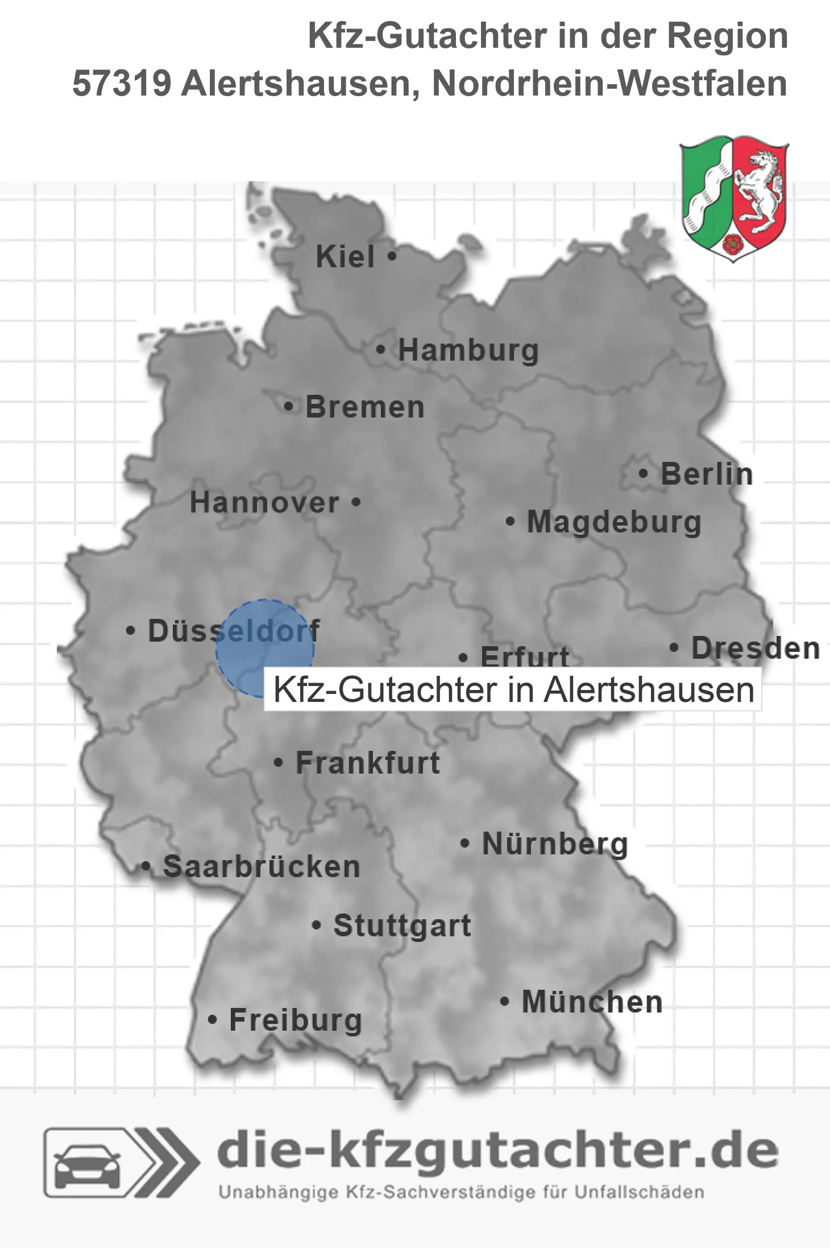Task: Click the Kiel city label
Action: click(x=345, y=257)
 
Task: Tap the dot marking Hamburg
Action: click(x=381, y=350)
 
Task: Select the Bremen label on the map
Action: click(x=365, y=407)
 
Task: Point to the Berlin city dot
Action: click(x=643, y=473)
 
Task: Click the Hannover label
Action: click(x=264, y=503)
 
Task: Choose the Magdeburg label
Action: click(x=614, y=522)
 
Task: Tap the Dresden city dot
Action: click(x=674, y=647)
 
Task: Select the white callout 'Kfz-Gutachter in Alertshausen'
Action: click(x=513, y=689)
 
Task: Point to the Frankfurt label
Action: click(x=368, y=763)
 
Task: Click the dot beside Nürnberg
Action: click(x=465, y=843)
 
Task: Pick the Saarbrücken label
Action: click(x=262, y=867)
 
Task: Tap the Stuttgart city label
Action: click(x=402, y=925)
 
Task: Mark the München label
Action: click(x=592, y=1002)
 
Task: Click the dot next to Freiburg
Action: click(x=213, y=1020)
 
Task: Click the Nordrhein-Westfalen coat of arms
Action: click(x=733, y=198)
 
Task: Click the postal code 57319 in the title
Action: click(x=122, y=84)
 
